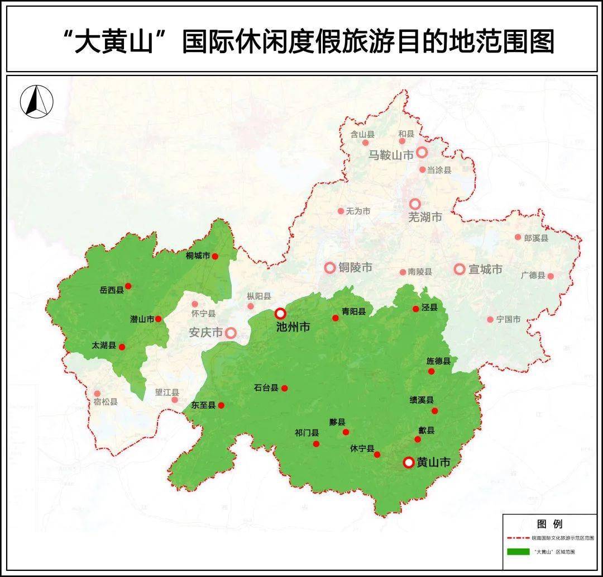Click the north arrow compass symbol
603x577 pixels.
point(36,101)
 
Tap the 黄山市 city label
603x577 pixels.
point(433,462)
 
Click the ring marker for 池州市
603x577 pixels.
point(280,314)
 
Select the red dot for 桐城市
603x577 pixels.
point(215,257)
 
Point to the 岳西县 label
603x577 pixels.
point(112,290)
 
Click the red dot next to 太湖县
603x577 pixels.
point(122,347)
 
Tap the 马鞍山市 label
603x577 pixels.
point(391,155)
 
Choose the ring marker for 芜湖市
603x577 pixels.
point(415,204)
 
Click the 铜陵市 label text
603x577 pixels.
point(356,268)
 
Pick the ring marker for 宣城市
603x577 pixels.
point(460,269)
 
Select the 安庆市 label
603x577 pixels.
point(205,332)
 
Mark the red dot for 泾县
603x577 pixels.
point(416,309)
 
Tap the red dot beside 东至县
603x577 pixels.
point(221,405)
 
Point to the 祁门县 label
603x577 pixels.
point(307,432)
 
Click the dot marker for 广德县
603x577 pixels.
point(551,276)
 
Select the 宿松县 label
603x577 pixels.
point(106,401)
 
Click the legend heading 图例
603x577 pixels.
point(549,524)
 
